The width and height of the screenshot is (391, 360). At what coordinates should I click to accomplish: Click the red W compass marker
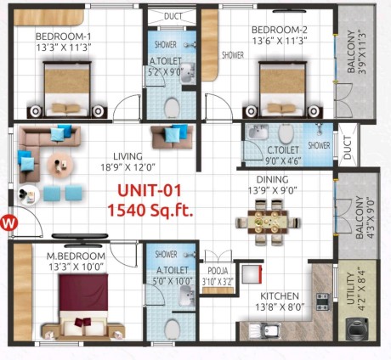click(x=9, y=222)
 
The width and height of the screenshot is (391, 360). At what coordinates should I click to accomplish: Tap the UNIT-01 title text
click(x=149, y=190)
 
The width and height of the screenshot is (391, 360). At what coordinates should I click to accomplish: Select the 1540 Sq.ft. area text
click(x=150, y=210)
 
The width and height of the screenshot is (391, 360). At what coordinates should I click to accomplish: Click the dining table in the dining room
click(x=268, y=222)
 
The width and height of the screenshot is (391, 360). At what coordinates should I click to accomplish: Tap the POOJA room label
click(x=218, y=271)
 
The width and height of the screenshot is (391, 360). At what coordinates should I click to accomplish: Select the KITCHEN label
click(x=280, y=296)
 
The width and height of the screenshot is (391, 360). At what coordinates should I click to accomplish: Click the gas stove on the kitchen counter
click(x=323, y=302)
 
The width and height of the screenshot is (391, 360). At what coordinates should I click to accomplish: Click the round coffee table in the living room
click(x=59, y=165)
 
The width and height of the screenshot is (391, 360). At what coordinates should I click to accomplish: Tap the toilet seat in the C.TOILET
click(x=286, y=133)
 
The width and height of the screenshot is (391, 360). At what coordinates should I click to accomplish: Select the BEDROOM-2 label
click(x=280, y=30)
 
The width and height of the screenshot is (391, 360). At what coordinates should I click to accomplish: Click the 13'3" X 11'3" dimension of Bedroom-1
click(x=64, y=48)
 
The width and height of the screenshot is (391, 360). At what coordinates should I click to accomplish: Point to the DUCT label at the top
click(x=173, y=16)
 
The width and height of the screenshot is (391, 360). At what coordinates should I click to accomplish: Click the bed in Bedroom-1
click(x=67, y=89)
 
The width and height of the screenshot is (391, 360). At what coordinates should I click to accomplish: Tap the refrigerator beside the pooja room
click(x=252, y=274)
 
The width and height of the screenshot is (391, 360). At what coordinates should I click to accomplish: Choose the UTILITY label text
click(x=350, y=288)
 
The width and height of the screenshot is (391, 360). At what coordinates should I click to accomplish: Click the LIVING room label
click(x=127, y=156)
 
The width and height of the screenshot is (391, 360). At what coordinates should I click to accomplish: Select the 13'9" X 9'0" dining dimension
click(x=272, y=190)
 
